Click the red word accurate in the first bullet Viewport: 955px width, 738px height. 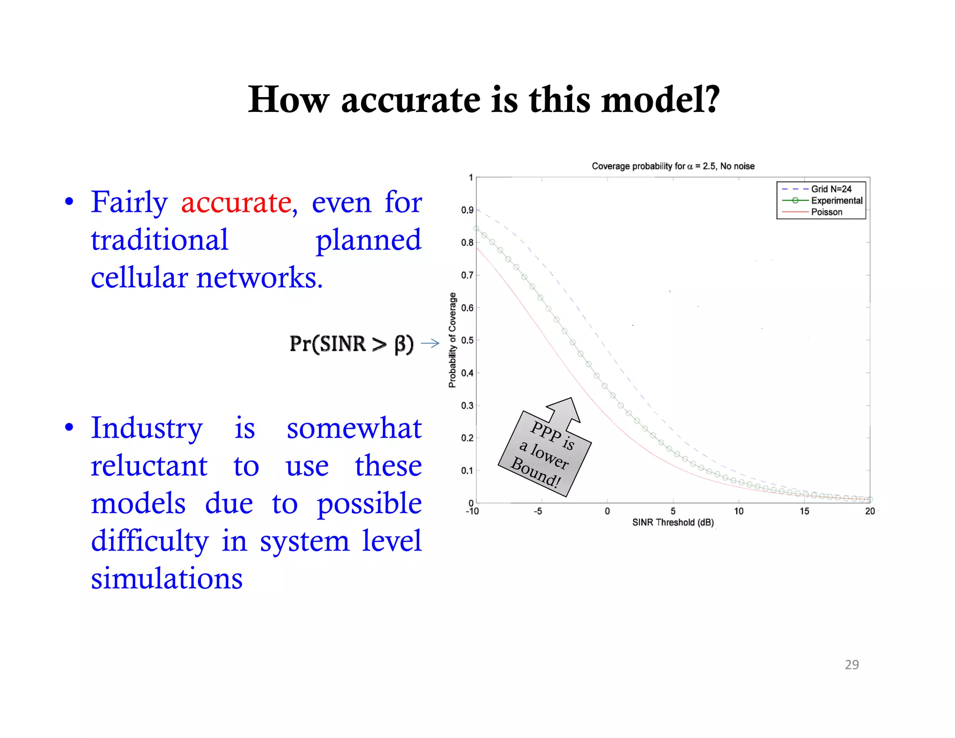236,203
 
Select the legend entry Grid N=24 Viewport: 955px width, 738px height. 831,189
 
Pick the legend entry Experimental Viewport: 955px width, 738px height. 837,201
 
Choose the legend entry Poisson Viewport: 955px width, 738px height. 826,212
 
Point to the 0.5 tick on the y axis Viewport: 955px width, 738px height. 467,341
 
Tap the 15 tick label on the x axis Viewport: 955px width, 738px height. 804,511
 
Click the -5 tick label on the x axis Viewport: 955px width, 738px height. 538,511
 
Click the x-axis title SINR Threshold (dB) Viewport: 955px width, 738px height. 672,522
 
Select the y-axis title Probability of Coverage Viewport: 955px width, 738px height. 452,340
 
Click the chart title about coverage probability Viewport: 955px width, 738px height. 672,166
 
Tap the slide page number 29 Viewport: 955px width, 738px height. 851,664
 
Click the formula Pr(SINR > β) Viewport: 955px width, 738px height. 351,344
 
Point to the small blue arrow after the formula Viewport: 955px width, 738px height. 430,344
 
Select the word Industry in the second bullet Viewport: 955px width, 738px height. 146,428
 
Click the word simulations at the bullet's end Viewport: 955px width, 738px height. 166,579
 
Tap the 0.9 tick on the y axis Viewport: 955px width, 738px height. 467,210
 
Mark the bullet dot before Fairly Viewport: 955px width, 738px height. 69,202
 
